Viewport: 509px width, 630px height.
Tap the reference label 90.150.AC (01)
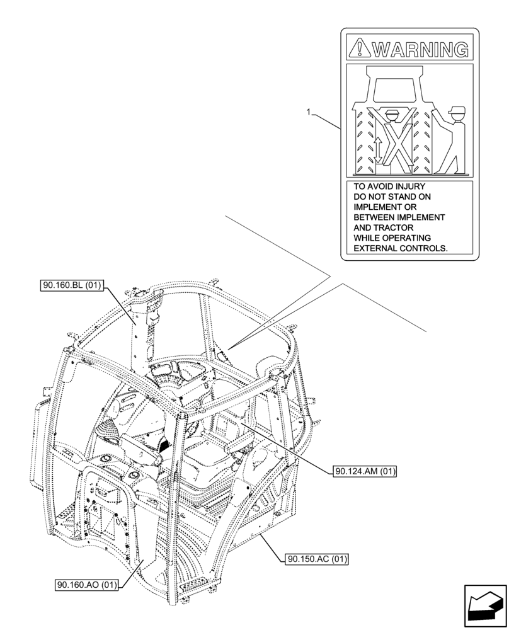click(317, 559)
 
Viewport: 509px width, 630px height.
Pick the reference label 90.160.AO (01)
click(86, 584)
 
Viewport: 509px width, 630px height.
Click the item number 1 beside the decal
click(308, 112)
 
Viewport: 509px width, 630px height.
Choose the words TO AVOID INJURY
click(389, 187)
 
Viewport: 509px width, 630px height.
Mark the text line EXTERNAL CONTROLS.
click(401, 248)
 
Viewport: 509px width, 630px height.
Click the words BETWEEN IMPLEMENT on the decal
click(399, 217)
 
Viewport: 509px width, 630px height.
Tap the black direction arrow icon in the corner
click(484, 605)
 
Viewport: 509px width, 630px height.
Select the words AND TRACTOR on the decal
click(384, 227)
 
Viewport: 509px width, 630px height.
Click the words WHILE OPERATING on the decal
click(392, 238)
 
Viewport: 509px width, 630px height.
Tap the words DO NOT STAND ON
click(392, 197)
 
